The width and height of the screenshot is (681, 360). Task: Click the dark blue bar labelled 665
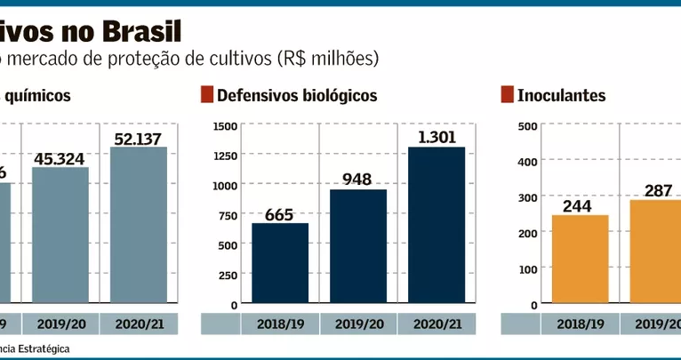pyautogui.click(x=280, y=263)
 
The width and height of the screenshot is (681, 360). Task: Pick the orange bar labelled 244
pyautogui.click(x=579, y=259)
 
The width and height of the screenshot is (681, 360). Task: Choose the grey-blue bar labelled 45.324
pyautogui.click(x=60, y=236)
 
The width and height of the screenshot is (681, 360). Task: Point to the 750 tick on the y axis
pyautogui.click(x=227, y=214)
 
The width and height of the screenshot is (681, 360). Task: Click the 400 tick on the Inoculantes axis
pyautogui.click(x=527, y=161)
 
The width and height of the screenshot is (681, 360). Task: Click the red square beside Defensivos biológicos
pyautogui.click(x=207, y=95)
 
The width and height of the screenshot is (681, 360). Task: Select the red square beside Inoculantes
pyautogui.click(x=507, y=95)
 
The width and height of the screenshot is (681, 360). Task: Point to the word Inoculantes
pyautogui.click(x=561, y=95)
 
